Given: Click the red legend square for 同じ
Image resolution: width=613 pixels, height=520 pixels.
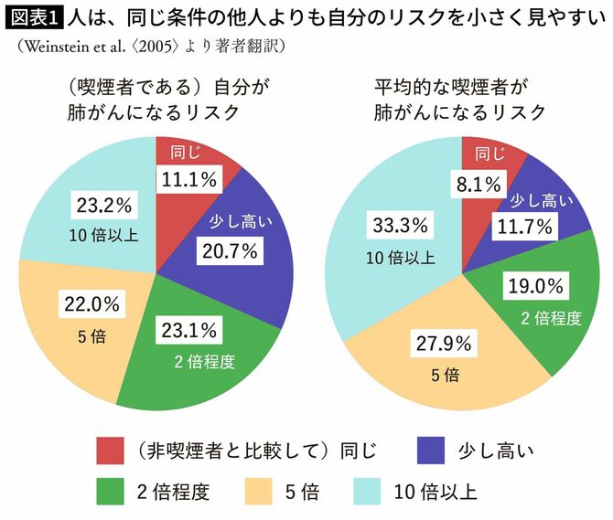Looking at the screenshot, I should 112,450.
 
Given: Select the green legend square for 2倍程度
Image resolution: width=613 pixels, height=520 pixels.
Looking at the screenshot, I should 112,493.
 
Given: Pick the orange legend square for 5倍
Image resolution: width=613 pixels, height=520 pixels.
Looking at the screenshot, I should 261,493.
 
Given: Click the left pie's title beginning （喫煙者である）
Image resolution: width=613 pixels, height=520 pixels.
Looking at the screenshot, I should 153,100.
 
